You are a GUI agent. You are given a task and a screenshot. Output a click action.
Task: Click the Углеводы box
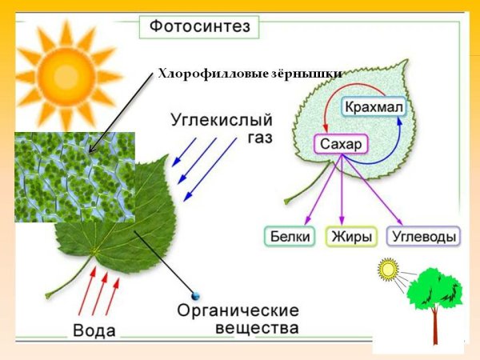[x=423, y=236]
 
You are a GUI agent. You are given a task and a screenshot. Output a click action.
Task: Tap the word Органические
[x=238, y=310]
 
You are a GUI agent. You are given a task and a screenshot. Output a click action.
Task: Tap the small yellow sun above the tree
[x=390, y=270]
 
